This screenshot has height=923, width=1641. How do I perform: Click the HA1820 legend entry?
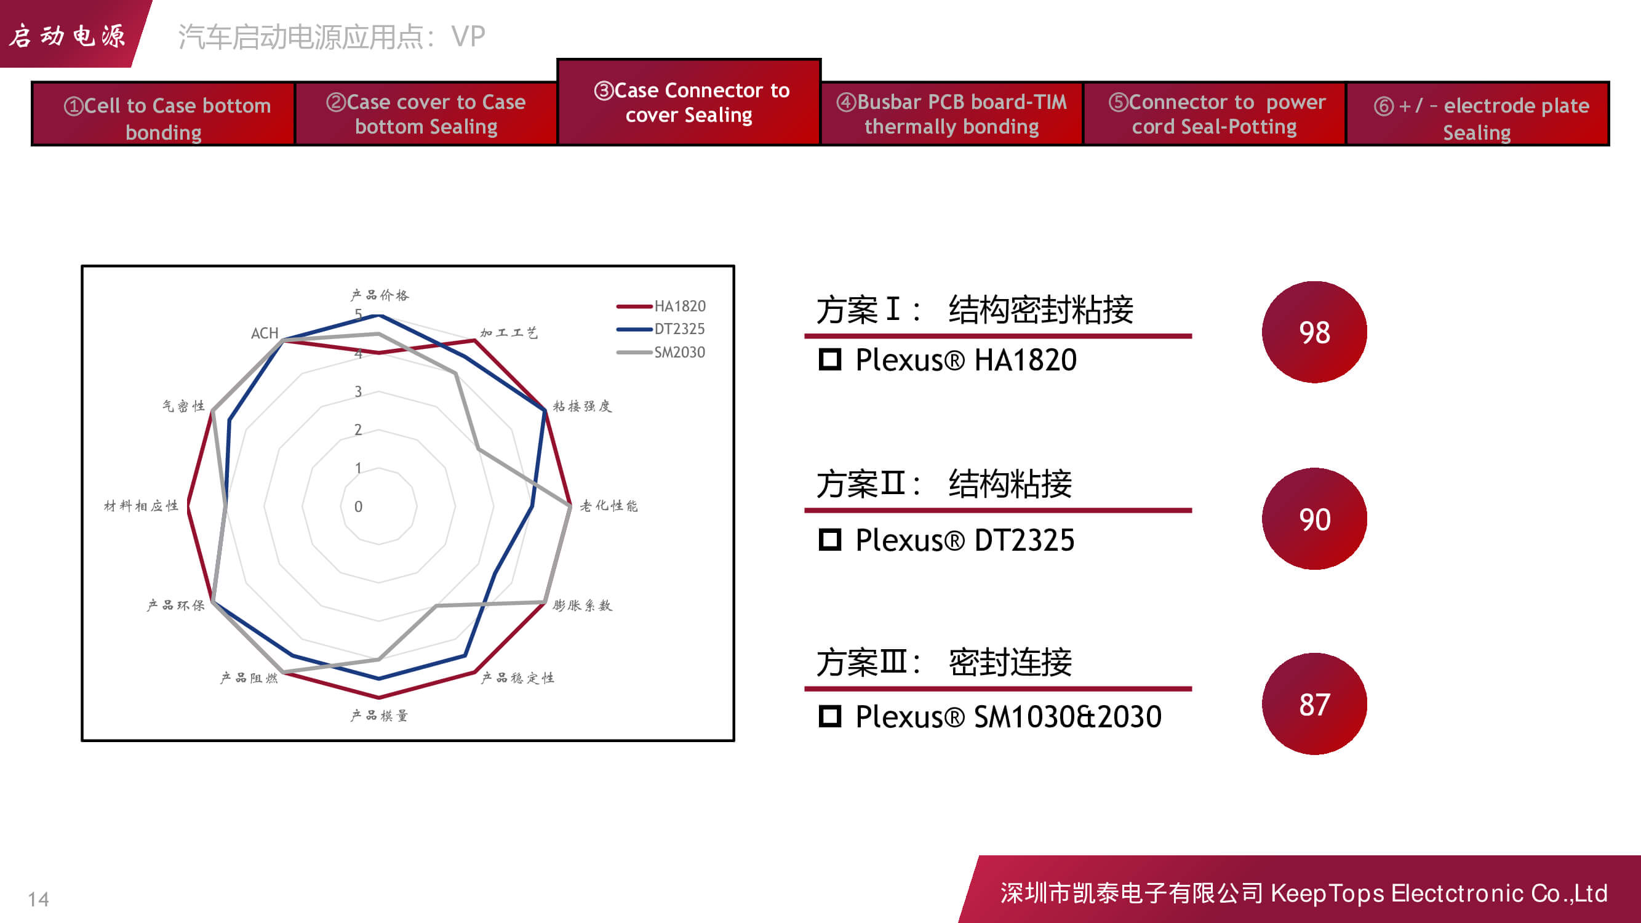[661, 306]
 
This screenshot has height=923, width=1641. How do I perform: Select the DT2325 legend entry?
[661, 329]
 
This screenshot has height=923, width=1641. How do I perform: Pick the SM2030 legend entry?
[661, 352]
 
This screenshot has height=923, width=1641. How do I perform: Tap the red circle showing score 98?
[1314, 332]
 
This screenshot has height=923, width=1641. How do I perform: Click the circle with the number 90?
[1314, 519]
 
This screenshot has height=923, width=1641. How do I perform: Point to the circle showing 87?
[1314, 704]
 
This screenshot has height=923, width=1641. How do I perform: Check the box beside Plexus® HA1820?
[829, 360]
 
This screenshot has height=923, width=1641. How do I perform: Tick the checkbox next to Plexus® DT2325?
[829, 540]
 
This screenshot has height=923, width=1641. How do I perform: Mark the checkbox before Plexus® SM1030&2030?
[829, 717]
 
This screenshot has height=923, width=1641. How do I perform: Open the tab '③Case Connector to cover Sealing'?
[689, 102]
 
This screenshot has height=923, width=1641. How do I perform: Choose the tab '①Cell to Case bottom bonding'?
[163, 114]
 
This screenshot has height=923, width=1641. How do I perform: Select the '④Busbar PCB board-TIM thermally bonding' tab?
[952, 114]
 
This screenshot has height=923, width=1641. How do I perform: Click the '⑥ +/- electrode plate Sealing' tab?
[1477, 114]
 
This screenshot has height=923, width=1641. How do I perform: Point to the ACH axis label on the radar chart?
[265, 333]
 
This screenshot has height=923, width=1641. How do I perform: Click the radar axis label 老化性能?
[609, 506]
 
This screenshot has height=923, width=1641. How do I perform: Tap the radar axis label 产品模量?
[380, 716]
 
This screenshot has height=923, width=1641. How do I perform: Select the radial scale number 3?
[358, 392]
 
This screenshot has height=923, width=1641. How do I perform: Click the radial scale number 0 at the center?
[358, 506]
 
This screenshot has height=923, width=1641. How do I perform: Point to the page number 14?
[38, 900]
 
